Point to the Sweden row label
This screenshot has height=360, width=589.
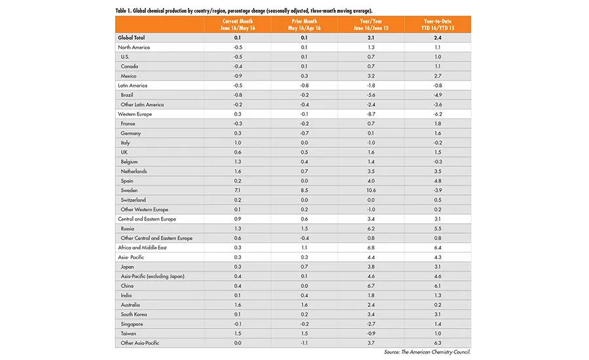(130, 190)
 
